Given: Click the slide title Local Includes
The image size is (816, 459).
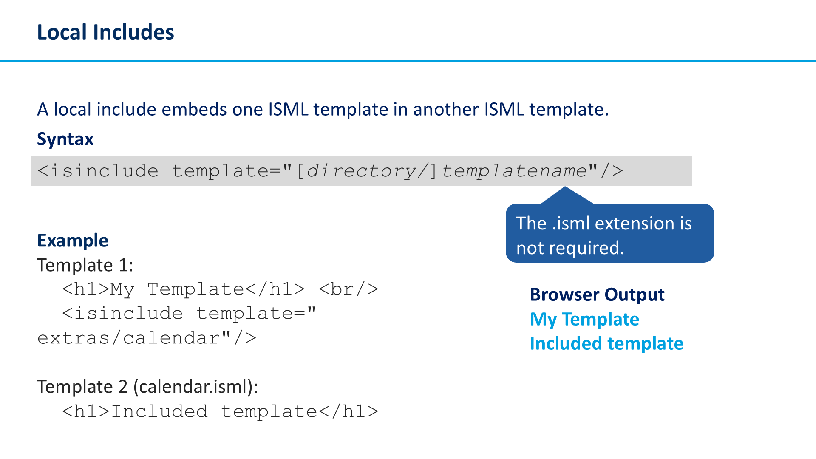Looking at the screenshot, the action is tap(105, 32).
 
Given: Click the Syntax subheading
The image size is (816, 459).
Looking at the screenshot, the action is tap(65, 139).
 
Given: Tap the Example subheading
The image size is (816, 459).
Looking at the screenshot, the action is tap(73, 241).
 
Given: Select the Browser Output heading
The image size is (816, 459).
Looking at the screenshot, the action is tap(597, 295).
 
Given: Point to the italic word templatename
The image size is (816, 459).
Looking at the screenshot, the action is tap(514, 171).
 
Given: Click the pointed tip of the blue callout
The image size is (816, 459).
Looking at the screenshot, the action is tap(565, 187).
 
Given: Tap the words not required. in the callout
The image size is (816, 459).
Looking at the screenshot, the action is tap(570, 248).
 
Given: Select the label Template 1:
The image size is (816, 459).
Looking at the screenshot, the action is tap(85, 266).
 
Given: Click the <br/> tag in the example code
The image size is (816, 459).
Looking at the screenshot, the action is tap(348, 289).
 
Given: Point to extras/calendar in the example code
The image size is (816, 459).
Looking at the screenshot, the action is tap(129, 338).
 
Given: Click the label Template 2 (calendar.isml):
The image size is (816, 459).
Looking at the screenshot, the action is tap(148, 387).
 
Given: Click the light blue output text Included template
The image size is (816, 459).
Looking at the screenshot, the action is tap(606, 344).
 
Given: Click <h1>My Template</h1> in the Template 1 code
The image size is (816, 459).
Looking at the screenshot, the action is tap(184, 289).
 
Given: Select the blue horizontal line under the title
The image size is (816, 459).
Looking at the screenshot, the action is tap(408, 62).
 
